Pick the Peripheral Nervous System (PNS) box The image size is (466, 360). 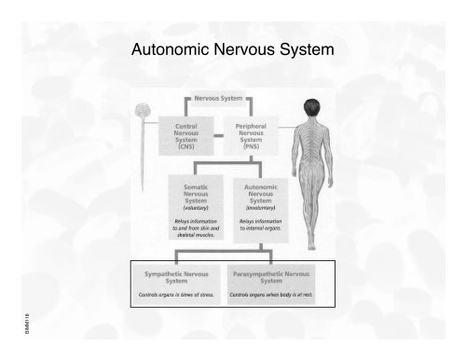tap(253, 138)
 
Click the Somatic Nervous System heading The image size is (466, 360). tap(195, 194)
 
